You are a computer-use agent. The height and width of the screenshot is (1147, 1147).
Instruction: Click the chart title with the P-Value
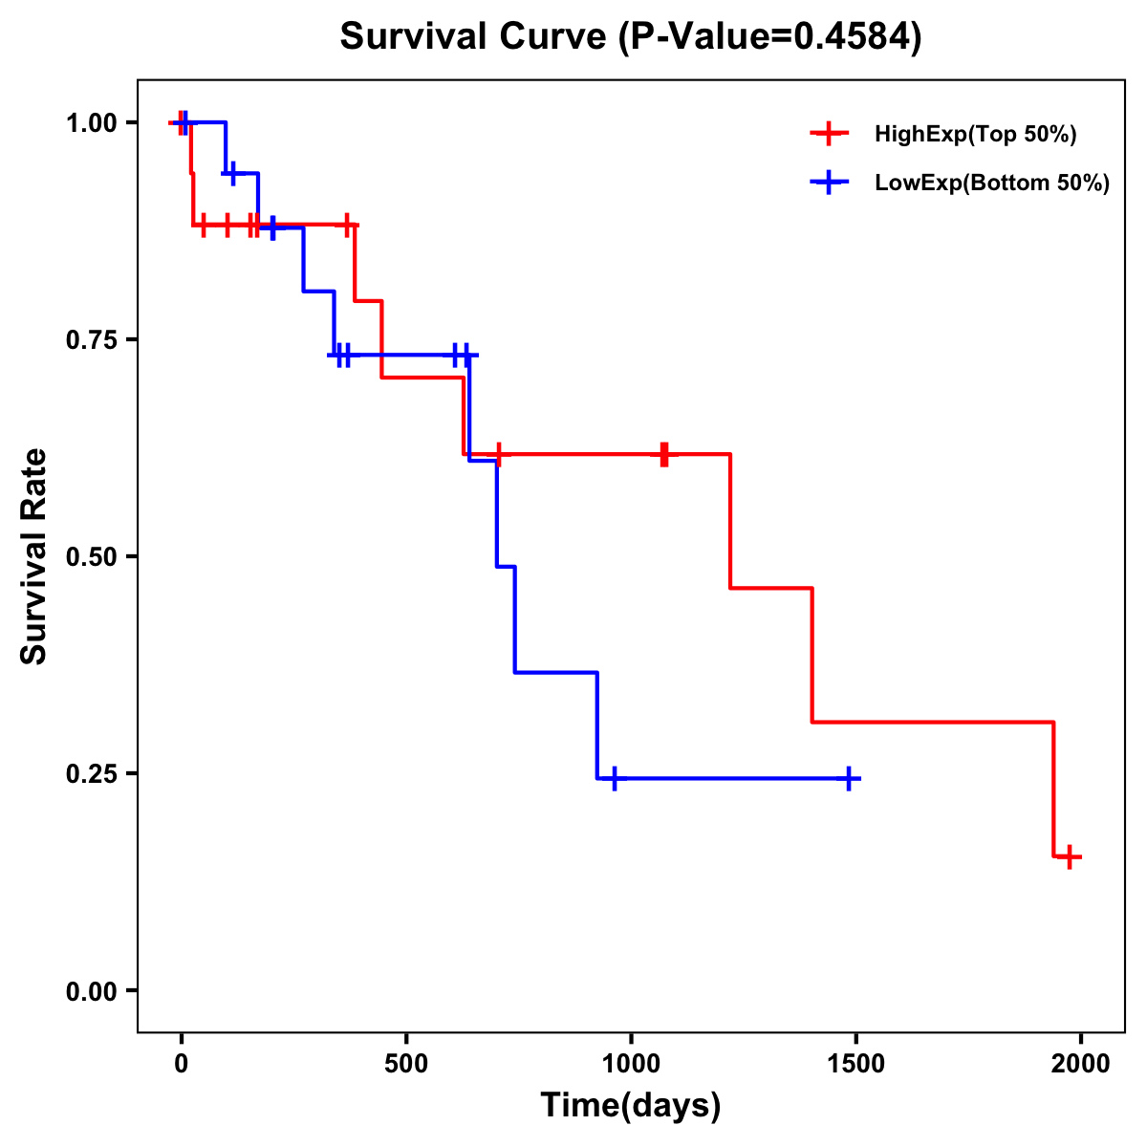[631, 37]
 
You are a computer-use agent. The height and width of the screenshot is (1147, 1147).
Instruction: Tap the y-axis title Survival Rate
[34, 556]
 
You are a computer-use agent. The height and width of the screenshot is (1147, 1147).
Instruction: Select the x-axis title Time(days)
[631, 1105]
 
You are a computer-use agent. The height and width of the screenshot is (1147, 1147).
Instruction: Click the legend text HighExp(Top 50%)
[975, 135]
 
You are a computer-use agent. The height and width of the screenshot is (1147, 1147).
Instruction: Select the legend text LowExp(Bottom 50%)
[992, 184]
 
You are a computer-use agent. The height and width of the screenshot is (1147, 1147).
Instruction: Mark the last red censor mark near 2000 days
[1070, 856]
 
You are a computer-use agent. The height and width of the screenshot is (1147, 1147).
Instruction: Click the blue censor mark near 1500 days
[848, 779]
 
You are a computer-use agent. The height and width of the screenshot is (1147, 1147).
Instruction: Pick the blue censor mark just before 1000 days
[614, 779]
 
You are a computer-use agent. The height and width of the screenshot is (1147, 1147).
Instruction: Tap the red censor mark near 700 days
[498, 454]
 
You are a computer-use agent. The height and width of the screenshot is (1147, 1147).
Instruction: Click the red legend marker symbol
[829, 134]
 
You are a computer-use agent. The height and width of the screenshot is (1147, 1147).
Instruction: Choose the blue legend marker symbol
[829, 183]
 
